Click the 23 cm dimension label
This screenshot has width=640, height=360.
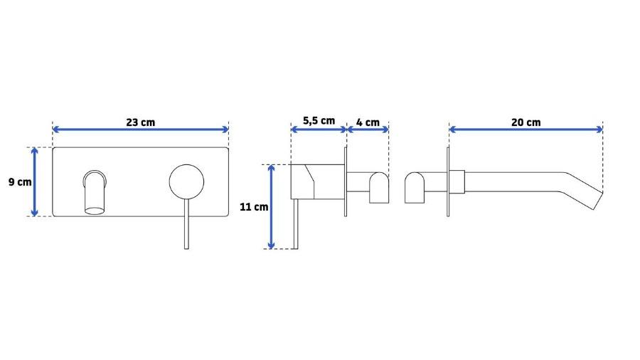(x=140, y=122)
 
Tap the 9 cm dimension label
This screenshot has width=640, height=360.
(x=20, y=181)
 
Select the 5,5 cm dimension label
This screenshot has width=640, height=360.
(x=319, y=121)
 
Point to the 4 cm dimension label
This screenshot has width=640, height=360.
(x=368, y=122)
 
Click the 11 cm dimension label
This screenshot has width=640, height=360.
(x=254, y=207)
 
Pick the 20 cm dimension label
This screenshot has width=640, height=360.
(x=526, y=122)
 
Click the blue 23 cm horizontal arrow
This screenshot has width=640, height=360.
(x=140, y=129)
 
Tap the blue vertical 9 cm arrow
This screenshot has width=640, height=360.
(x=35, y=181)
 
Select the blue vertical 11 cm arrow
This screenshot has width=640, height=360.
(x=271, y=206)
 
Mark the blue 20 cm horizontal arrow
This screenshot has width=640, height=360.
(x=526, y=129)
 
